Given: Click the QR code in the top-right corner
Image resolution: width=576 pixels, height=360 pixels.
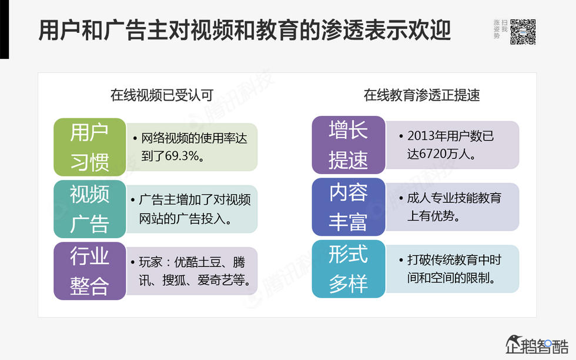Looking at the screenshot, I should point(523,32).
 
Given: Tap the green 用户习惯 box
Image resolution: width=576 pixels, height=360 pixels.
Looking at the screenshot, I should point(90,146).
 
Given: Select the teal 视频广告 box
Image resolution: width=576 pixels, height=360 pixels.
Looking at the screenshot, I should point(90,209).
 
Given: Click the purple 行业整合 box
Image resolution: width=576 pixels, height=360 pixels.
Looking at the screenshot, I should point(90,271).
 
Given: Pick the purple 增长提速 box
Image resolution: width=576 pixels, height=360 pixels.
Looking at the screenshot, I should point(348,145).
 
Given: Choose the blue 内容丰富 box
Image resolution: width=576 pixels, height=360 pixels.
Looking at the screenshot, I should point(348,207).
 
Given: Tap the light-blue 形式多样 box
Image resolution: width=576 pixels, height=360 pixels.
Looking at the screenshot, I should point(348,269).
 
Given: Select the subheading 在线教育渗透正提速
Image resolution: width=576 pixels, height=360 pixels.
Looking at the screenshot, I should point(421,95).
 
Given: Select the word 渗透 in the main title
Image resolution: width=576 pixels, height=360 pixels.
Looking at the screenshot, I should point(342,30).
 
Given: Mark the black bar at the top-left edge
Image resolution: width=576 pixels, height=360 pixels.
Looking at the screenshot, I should point(4,29).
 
